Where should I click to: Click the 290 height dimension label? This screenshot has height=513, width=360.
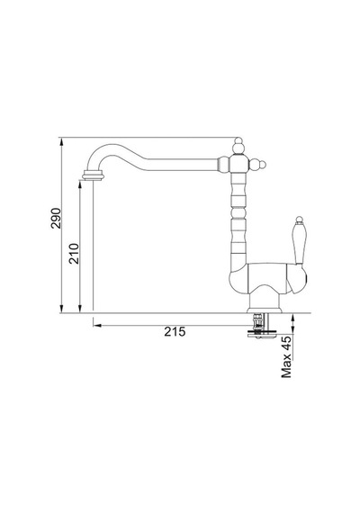(x=56, y=218)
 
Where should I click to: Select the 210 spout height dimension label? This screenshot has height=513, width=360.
(x=74, y=254)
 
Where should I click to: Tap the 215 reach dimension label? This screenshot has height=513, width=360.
(x=175, y=332)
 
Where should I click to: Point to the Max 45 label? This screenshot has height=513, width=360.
(x=286, y=356)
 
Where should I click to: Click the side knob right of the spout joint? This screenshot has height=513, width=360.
(x=257, y=164)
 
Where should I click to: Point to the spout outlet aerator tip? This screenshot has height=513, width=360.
(x=94, y=175)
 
